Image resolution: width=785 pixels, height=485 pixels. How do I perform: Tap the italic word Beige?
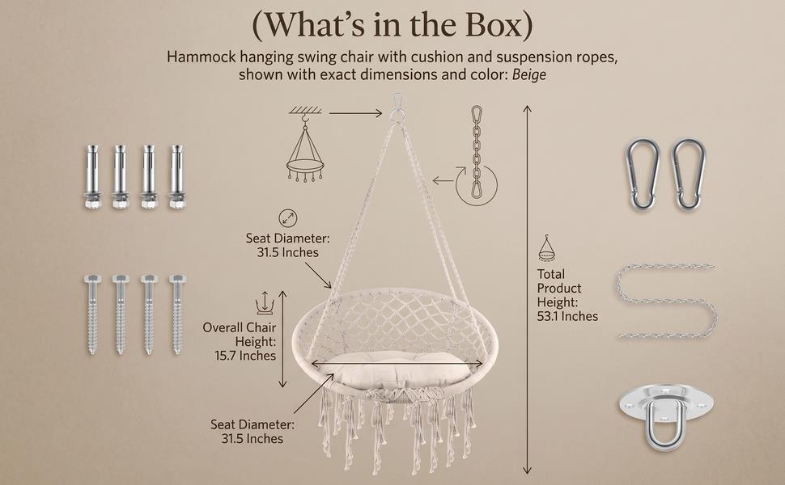point(528,74)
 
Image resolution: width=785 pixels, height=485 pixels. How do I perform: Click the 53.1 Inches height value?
point(567,316)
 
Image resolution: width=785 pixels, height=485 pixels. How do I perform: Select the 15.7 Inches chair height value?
point(245,356)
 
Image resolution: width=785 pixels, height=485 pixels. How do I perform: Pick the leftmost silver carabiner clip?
point(643,175)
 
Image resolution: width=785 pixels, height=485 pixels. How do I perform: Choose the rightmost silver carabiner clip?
point(690,175)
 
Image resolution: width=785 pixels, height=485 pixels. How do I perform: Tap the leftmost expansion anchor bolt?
point(92,177)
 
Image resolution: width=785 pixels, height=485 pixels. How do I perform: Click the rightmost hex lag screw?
point(177,314)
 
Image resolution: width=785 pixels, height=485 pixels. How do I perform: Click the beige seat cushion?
point(393,369)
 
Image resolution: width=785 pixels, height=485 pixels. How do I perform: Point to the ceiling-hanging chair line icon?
point(305,144)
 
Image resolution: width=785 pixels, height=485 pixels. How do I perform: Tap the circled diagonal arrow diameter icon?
point(288,218)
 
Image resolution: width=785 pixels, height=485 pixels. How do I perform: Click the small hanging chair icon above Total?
point(547,248)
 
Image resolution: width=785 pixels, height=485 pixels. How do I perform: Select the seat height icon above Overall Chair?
point(265,303)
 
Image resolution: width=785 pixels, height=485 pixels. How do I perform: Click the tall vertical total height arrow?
point(527,289)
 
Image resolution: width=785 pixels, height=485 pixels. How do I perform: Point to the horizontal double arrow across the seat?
point(397,364)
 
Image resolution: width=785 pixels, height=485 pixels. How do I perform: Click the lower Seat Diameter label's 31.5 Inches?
point(252,438)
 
